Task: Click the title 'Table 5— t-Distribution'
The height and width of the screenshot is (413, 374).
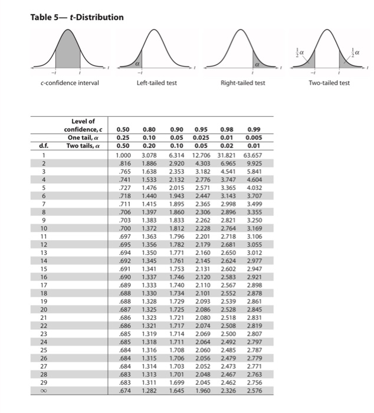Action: point(77,17)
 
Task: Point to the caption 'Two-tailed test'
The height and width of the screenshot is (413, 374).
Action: point(329,83)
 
